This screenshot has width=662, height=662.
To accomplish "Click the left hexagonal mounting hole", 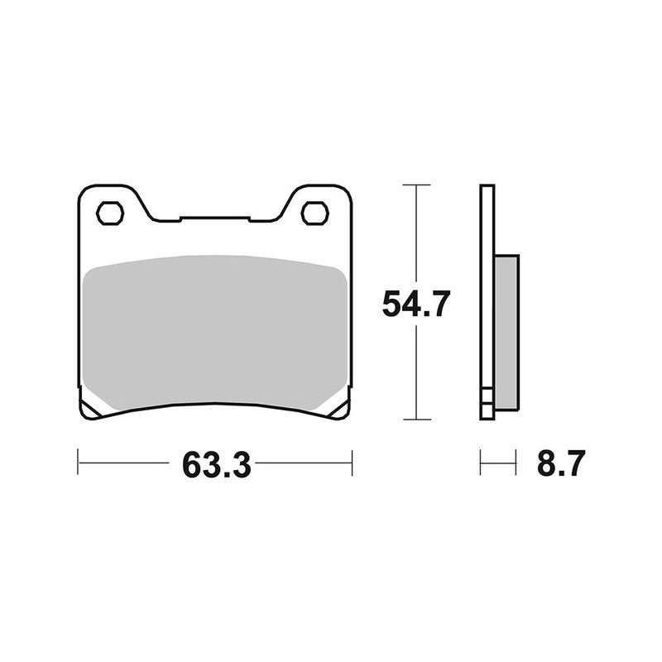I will click(x=110, y=213).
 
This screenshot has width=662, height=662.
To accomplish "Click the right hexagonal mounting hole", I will click(x=314, y=213).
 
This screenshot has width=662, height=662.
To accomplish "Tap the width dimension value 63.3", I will click(x=215, y=464).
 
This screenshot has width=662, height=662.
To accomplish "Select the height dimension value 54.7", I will click(x=415, y=305).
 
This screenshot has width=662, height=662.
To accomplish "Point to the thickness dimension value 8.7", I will click(x=561, y=464).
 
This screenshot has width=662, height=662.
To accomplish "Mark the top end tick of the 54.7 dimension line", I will click(x=415, y=185).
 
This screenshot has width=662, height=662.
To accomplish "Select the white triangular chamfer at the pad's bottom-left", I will click(x=93, y=407).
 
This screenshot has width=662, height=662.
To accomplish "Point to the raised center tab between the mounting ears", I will click(x=215, y=219).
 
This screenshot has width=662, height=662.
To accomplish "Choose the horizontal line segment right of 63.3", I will click(x=302, y=463).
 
